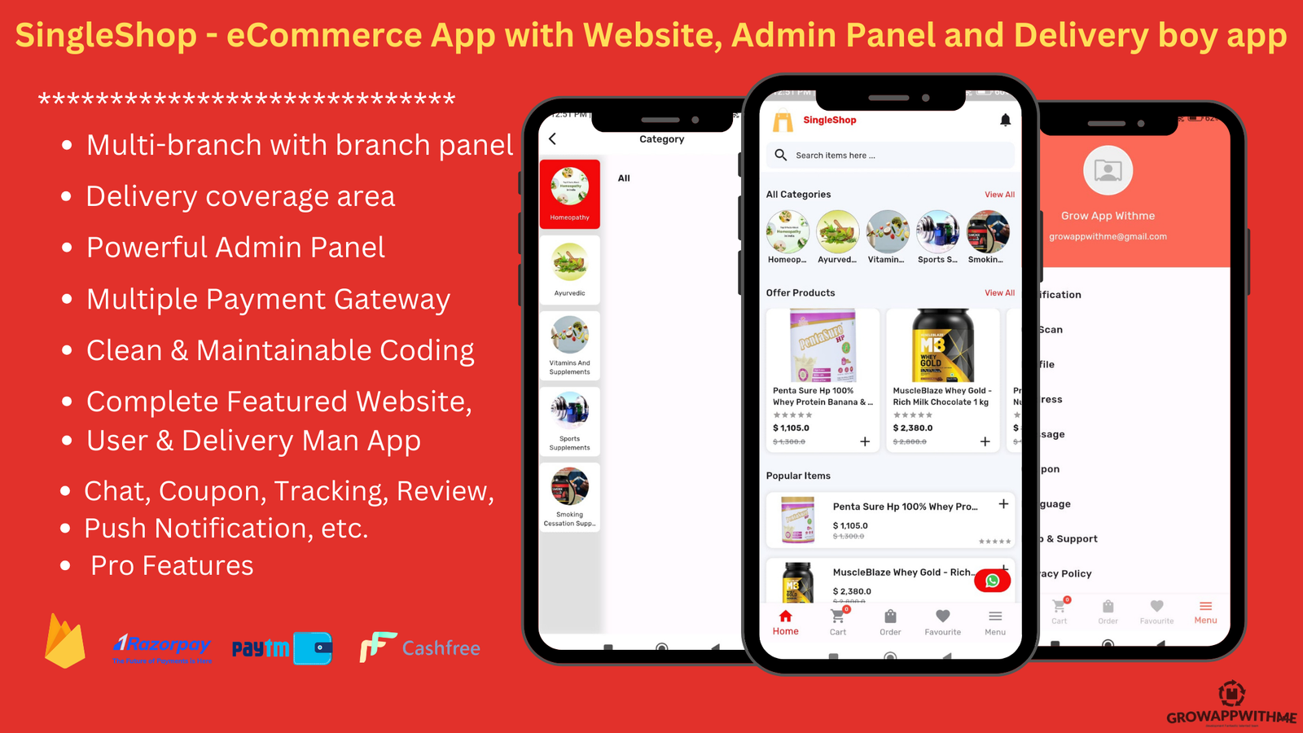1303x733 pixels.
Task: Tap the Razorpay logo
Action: tap(162, 647)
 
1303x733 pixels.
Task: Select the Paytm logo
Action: tap(281, 648)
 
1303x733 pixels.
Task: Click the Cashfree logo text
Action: tap(441, 648)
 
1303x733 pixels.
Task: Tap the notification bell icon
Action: tap(1005, 121)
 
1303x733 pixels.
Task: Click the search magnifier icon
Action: tap(780, 155)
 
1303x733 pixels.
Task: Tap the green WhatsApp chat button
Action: tap(992, 581)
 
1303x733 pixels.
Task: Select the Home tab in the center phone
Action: tap(785, 622)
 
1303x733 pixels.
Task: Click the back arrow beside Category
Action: tap(553, 138)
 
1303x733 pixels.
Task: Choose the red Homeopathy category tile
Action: tap(570, 194)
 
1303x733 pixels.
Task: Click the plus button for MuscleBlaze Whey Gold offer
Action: tap(985, 441)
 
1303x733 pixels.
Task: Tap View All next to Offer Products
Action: tap(999, 293)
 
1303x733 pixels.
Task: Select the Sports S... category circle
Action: tap(937, 233)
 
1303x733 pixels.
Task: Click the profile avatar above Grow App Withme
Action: tap(1108, 170)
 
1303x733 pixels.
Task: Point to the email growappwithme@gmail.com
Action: tap(1108, 237)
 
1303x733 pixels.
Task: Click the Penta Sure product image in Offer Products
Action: tap(823, 346)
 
